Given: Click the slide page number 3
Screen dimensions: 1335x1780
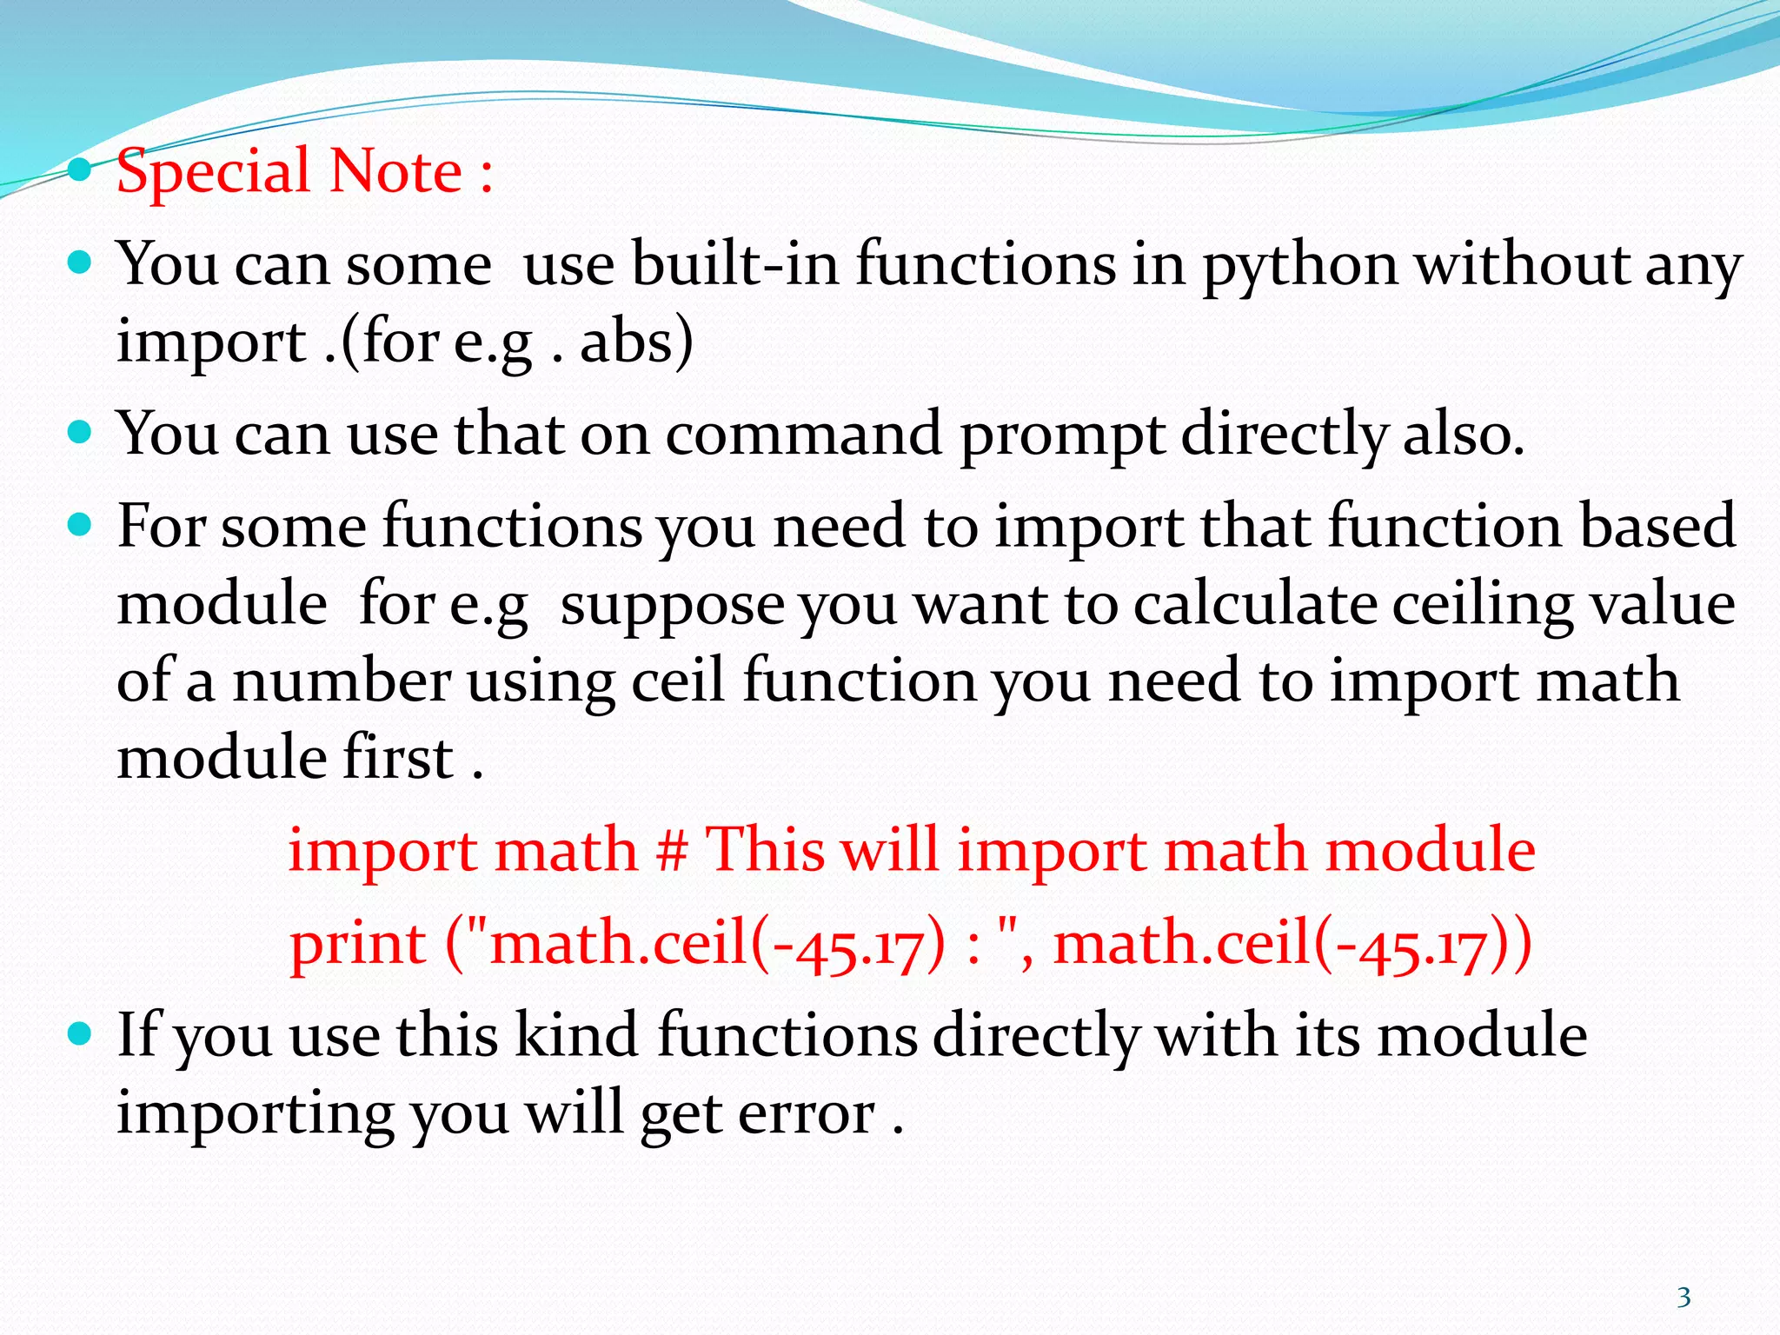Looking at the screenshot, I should (x=1684, y=1298).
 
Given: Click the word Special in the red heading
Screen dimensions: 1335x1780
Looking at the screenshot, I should (x=214, y=171).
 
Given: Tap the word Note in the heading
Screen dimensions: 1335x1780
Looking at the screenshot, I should (x=396, y=171).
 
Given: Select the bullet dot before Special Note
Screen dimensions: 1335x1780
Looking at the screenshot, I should (x=80, y=169).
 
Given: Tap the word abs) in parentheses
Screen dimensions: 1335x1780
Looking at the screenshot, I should (x=637, y=342).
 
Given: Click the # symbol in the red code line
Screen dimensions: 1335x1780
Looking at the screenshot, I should (x=673, y=850).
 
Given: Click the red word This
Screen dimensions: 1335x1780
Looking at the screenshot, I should (x=765, y=849).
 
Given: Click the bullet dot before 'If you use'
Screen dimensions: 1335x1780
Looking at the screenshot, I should (x=80, y=1033).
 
